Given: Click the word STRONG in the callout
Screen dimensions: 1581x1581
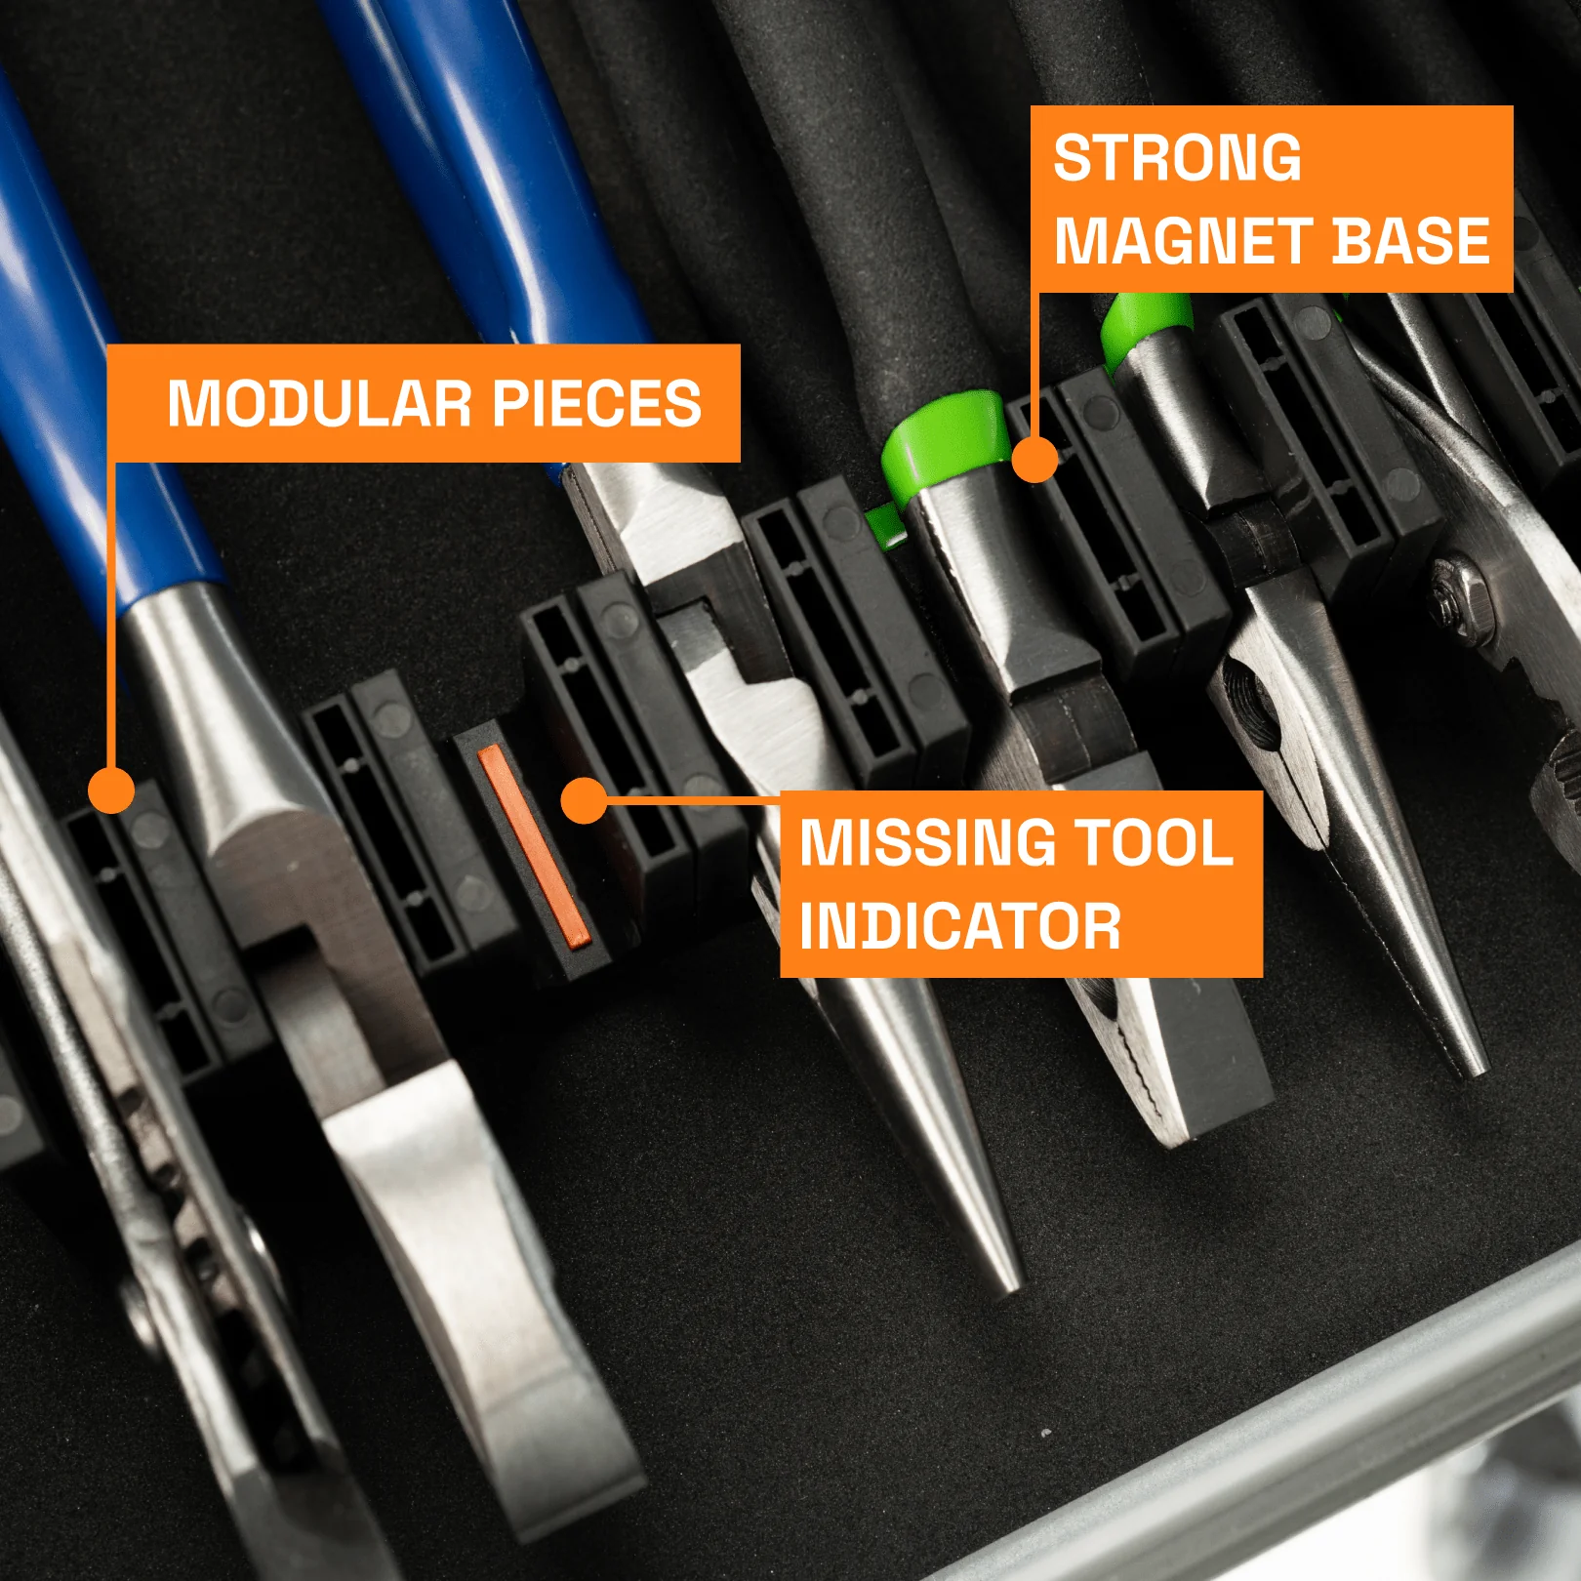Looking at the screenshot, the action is click(1177, 158).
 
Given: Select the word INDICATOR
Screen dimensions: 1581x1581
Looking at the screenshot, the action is click(960, 926).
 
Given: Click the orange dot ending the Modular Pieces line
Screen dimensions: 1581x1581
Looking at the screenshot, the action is click(111, 790).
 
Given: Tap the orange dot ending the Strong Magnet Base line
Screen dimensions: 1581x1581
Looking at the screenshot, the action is click(1034, 459).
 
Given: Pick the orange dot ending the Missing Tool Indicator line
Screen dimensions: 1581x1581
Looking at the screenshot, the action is click(585, 800).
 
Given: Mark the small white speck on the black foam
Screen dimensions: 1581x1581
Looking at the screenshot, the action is click(1046, 1434).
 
